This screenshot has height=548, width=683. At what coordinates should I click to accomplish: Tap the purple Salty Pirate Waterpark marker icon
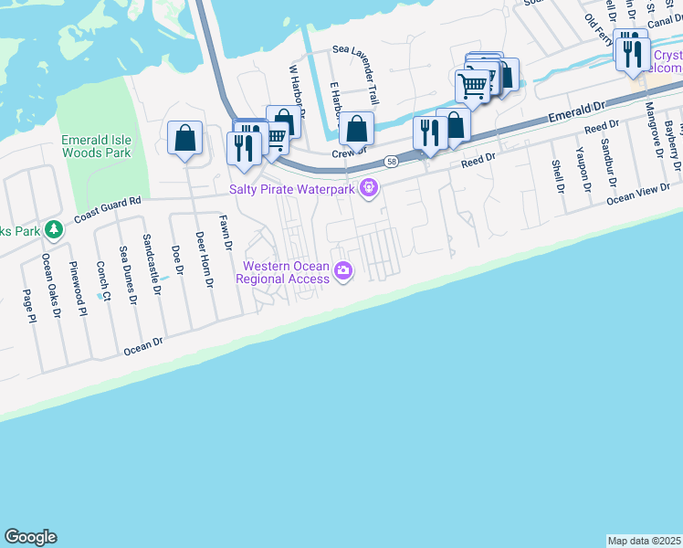point(369,189)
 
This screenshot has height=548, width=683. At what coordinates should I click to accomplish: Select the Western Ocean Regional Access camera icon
point(343,269)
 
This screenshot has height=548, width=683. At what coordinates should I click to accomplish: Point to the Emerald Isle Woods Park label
point(96,145)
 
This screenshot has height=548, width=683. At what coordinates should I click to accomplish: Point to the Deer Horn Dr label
point(204,259)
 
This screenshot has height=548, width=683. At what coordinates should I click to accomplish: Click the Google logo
point(30,537)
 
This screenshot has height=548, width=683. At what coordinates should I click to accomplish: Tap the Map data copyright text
point(644,541)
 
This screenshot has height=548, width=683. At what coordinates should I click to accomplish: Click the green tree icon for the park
point(54,228)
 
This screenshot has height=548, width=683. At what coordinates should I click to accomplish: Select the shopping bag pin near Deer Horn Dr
point(185,139)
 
